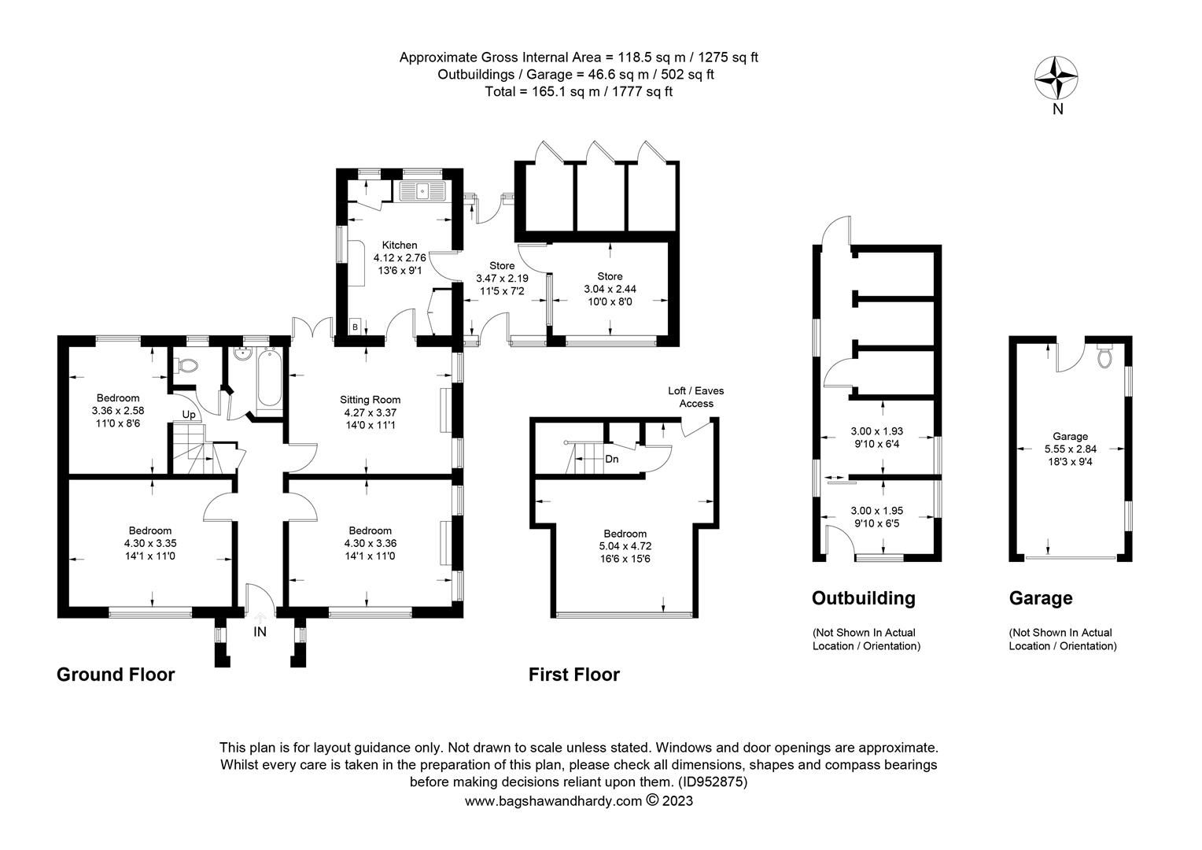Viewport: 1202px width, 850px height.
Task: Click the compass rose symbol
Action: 1056,77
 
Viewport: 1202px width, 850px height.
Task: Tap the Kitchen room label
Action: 400,245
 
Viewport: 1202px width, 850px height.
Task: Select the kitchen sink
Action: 422,190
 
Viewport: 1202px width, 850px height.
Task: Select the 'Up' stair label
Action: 189,415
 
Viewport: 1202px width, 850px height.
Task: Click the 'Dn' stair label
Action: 612,458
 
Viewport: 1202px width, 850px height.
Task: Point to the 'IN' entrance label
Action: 260,631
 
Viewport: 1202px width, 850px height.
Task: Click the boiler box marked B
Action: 355,327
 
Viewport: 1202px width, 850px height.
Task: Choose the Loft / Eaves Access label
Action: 695,397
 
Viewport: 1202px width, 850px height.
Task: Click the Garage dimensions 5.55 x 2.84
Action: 1070,449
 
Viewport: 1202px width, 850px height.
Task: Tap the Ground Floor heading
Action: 116,674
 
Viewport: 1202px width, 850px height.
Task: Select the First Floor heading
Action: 573,674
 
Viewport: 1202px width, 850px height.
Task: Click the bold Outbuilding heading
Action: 863,598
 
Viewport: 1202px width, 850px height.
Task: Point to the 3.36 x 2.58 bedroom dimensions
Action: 118,410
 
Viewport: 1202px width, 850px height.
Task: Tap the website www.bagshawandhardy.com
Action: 553,801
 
